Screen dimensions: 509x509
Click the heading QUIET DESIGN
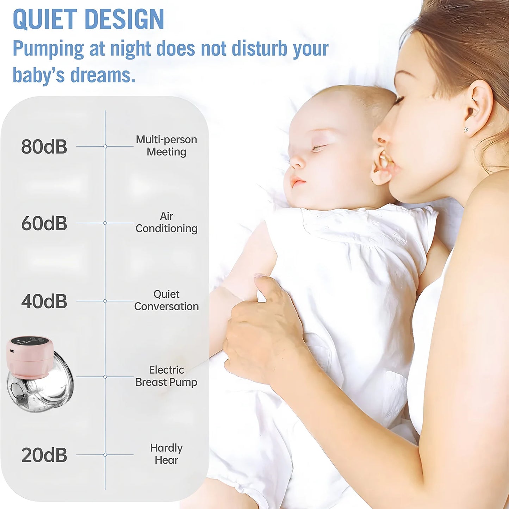point(88,19)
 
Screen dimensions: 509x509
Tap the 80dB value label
point(44,147)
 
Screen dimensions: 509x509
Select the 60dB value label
point(44,223)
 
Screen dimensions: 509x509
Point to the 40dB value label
point(44,302)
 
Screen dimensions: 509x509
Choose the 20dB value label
point(44,455)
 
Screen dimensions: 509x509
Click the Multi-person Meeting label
point(166,146)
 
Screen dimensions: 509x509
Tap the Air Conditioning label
point(166,222)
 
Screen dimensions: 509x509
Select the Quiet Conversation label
point(166,300)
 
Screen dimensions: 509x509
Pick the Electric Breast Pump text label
point(166,376)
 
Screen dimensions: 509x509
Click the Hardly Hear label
point(166,454)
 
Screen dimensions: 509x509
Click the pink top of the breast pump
point(29,356)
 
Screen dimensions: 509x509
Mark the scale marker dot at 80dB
point(105,146)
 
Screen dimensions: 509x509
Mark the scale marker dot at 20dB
point(105,455)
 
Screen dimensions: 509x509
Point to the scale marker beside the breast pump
point(105,377)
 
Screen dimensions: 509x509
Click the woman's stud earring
point(466,130)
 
